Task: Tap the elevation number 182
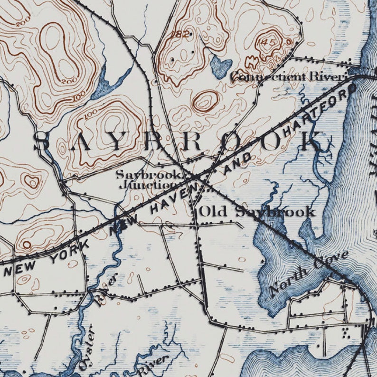point(181,34)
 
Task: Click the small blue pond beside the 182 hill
point(220,66)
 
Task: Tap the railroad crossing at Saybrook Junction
point(196,178)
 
